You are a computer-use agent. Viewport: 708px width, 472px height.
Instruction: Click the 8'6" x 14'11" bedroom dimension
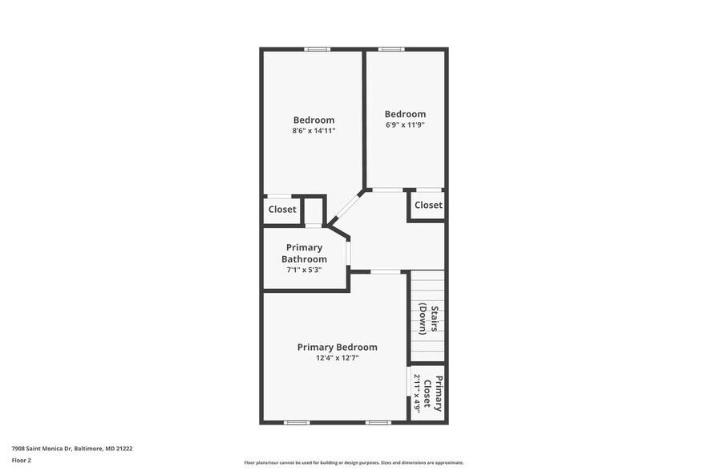point(314,130)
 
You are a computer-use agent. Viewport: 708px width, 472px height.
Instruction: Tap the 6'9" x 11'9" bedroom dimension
point(405,124)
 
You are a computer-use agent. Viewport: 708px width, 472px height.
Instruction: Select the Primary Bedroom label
point(337,347)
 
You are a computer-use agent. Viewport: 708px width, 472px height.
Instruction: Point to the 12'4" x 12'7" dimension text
point(337,358)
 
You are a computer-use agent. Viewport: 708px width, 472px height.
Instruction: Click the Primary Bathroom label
point(304,253)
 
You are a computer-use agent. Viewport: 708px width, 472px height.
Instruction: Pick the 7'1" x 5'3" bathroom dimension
point(304,270)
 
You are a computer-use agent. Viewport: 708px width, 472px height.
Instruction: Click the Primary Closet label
point(433,393)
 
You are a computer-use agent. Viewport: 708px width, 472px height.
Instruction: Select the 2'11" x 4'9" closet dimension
point(417,393)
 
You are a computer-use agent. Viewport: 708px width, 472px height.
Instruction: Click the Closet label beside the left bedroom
point(282,210)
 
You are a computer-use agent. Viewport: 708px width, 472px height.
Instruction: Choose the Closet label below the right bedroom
point(428,205)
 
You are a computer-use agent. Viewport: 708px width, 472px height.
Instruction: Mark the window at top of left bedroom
point(317,50)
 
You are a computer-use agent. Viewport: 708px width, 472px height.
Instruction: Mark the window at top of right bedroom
point(390,50)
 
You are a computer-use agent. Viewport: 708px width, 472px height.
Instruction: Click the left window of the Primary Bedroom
point(297,422)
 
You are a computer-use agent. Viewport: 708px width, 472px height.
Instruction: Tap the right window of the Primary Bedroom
point(378,422)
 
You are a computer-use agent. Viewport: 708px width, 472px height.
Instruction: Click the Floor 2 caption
point(22,460)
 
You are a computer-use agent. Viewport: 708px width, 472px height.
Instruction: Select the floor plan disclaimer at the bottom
point(354,462)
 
